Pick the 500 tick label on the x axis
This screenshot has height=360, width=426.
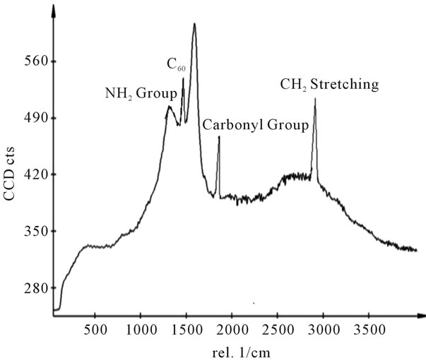(95, 329)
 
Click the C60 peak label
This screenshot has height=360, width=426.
(175, 66)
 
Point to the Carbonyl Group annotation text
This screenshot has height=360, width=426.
(255, 126)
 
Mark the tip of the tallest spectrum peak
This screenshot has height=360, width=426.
(194, 24)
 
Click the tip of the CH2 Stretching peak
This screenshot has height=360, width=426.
(315, 99)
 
